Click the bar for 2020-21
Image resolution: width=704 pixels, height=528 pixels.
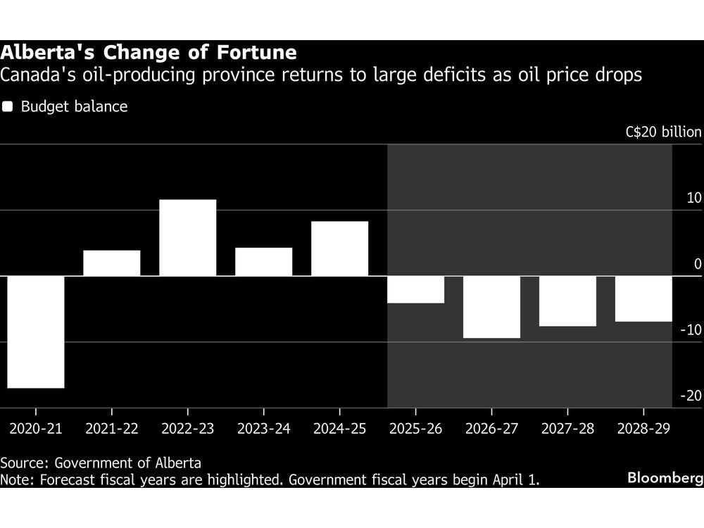pyautogui.click(x=36, y=332)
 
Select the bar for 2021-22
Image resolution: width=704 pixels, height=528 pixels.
pyautogui.click(x=112, y=263)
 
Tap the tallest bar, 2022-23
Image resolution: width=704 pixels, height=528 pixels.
pyautogui.click(x=188, y=238)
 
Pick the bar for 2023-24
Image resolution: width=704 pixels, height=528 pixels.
pyautogui.click(x=264, y=262)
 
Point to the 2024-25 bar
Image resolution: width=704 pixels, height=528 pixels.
pyautogui.click(x=340, y=249)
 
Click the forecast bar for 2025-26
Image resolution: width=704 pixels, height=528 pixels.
pyautogui.click(x=416, y=289)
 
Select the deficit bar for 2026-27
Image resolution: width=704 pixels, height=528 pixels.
pyautogui.click(x=492, y=307)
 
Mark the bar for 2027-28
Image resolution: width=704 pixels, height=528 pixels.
pyautogui.click(x=568, y=301)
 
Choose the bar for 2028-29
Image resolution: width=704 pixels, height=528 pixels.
pyautogui.click(x=643, y=298)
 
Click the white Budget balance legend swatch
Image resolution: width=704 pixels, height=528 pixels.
pyautogui.click(x=8, y=107)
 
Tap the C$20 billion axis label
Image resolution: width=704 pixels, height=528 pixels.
pyautogui.click(x=663, y=132)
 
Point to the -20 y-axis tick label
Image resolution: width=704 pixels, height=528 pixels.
pyautogui.click(x=691, y=396)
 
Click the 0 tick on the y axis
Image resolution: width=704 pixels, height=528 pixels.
pyautogui.click(x=697, y=264)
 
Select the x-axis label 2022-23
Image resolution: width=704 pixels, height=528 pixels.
pyautogui.click(x=188, y=428)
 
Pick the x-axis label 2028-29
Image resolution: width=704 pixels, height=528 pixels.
pyautogui.click(x=643, y=428)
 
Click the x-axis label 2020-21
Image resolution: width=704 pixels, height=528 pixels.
pyautogui.click(x=36, y=428)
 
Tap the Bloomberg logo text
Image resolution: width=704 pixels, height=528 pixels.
pyautogui.click(x=665, y=478)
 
